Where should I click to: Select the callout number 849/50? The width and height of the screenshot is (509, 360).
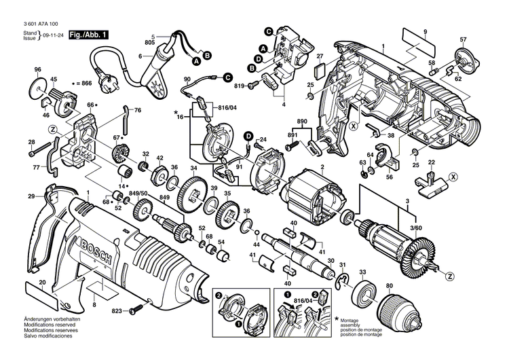tap(138, 194)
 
